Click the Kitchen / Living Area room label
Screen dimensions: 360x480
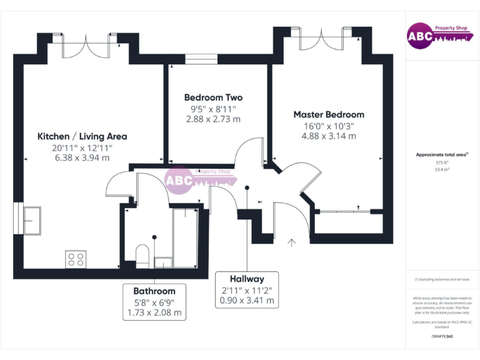82,136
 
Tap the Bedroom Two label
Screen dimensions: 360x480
213,97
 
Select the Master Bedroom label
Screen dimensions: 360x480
329,114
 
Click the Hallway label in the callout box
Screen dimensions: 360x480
247,279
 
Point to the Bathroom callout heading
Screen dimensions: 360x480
154,291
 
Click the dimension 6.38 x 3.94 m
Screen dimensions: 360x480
82,158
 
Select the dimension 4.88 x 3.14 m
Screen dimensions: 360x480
329,136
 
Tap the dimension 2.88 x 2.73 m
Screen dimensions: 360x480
213,119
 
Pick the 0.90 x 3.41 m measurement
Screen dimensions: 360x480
247,301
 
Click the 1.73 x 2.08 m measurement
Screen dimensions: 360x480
154,312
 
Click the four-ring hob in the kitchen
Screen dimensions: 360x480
76,258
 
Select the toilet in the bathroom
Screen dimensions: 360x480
143,256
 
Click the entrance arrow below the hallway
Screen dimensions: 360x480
291,242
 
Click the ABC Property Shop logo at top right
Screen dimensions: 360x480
437,36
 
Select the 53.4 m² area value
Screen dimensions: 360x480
442,169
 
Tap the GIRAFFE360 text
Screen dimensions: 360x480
442,337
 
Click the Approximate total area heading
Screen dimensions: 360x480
442,154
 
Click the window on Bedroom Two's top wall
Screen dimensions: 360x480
201,59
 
